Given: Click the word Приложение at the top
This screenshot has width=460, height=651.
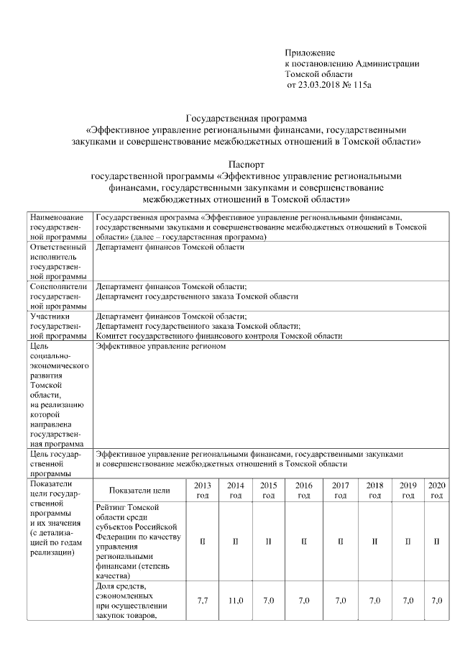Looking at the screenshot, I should click(x=310, y=53).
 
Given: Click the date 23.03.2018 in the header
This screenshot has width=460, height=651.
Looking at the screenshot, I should click(x=320, y=85).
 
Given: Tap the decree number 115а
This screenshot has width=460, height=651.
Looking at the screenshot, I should click(x=365, y=85).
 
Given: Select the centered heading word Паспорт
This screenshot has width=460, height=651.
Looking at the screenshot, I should click(x=247, y=163).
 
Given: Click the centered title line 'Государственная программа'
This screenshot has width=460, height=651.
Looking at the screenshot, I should click(x=247, y=118).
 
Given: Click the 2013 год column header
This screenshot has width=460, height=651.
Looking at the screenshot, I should click(x=202, y=490).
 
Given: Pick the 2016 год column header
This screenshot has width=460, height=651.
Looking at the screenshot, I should click(x=303, y=490).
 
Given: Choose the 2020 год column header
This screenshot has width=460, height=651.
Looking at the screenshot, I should click(x=436, y=490).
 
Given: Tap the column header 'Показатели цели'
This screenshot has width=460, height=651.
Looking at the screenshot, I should click(x=140, y=491).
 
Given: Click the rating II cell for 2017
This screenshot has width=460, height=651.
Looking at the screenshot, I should click(x=341, y=541).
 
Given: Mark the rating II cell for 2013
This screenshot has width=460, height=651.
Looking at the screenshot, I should click(x=202, y=541).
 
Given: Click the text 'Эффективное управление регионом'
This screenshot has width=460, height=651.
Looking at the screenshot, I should click(x=160, y=346).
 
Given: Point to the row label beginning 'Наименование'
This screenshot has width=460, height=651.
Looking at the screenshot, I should click(x=57, y=227).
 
